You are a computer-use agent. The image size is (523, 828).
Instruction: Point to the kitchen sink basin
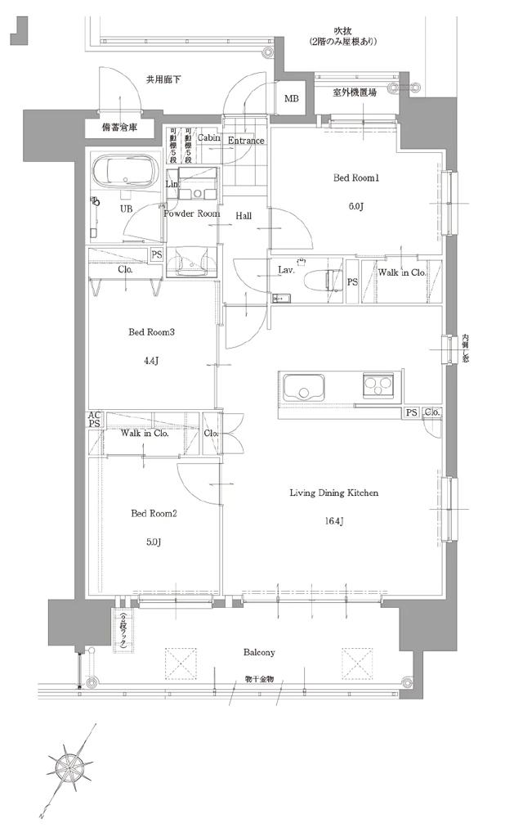[x=305, y=386]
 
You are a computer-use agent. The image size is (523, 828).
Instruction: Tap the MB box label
[x=292, y=100]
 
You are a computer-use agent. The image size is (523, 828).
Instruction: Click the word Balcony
[x=258, y=652]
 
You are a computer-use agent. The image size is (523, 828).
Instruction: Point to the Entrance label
[x=246, y=141]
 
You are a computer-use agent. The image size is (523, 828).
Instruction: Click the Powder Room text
[x=191, y=214]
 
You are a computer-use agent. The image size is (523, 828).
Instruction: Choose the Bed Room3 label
[x=152, y=332]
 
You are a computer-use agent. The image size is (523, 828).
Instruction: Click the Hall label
[x=244, y=216]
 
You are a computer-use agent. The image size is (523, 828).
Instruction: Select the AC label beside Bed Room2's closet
[x=95, y=416]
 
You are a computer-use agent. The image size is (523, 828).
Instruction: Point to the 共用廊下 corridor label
[x=163, y=80]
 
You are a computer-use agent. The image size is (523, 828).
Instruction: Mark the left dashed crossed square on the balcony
[x=181, y=663]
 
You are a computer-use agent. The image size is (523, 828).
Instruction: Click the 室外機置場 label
[x=355, y=93]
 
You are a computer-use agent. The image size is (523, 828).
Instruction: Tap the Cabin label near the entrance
[x=207, y=139]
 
